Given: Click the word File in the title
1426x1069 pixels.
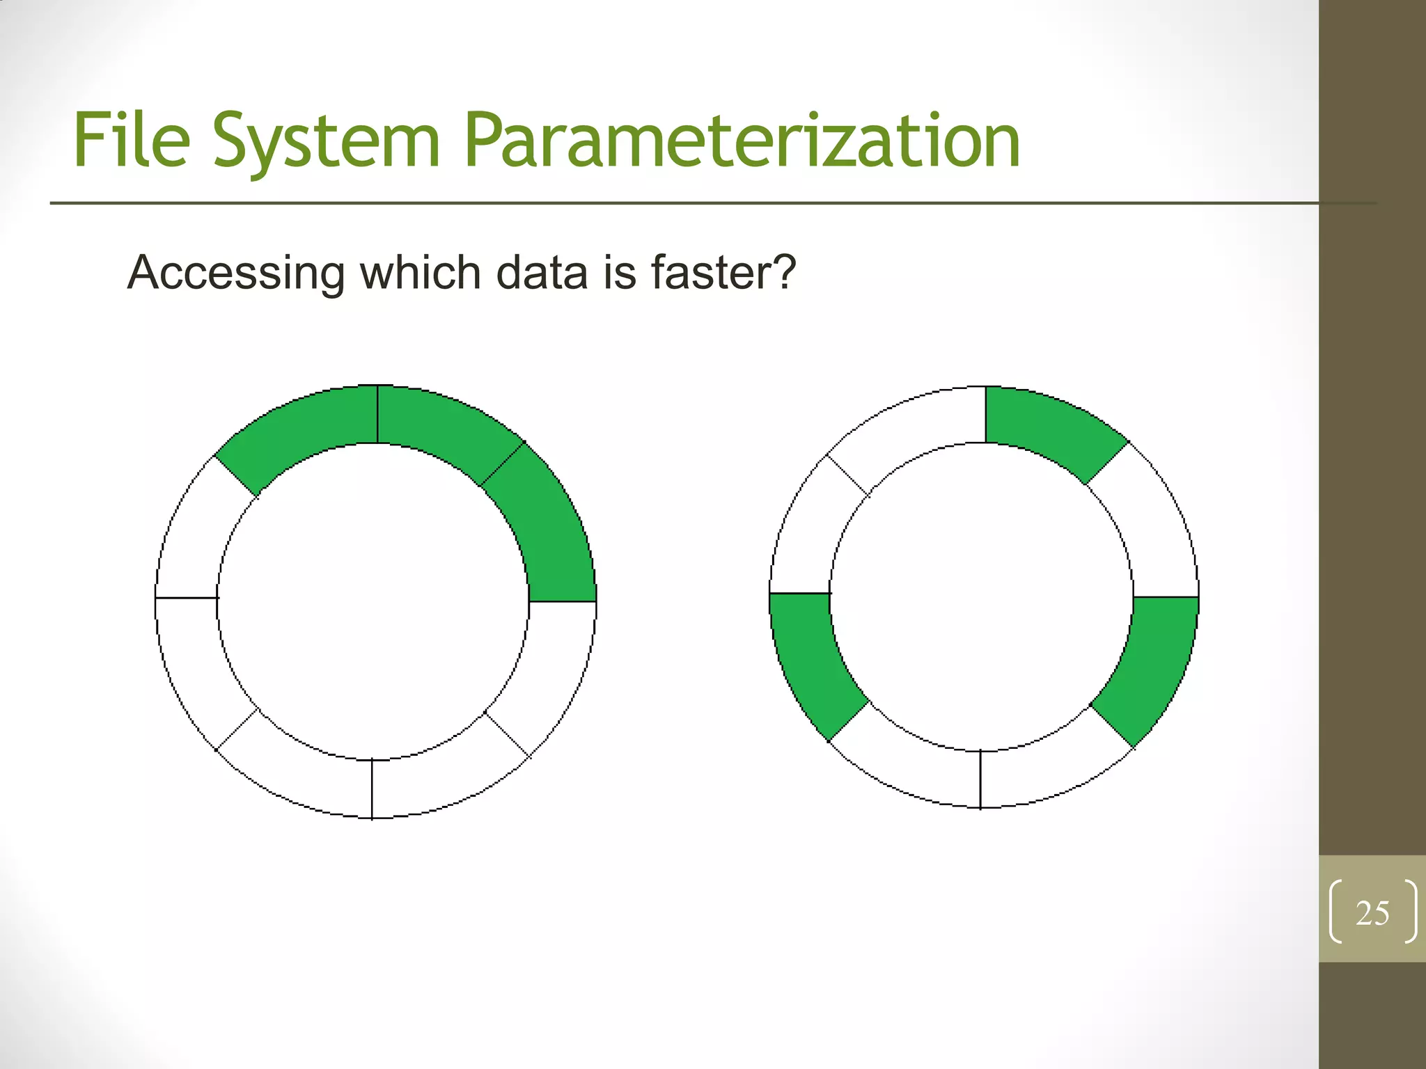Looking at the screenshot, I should point(132,141).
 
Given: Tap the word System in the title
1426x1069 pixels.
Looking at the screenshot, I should point(327,142).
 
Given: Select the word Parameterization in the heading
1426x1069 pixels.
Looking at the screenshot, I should point(742,142).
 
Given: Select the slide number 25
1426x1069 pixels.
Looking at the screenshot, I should point(1372,913).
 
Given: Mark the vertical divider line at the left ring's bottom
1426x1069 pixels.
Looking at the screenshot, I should point(372,789).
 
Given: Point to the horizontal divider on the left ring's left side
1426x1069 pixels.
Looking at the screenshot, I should point(187,597).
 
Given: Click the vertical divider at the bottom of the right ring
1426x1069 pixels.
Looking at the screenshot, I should point(980,779).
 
